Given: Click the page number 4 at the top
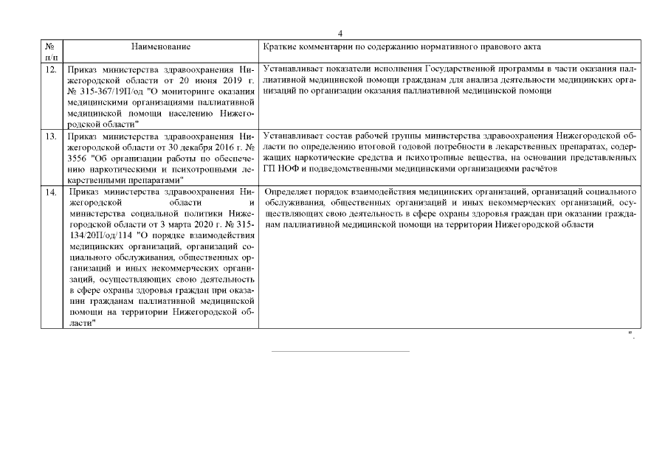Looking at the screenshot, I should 340,33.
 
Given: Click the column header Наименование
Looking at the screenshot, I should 161,46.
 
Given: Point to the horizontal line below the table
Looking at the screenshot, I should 340,351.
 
